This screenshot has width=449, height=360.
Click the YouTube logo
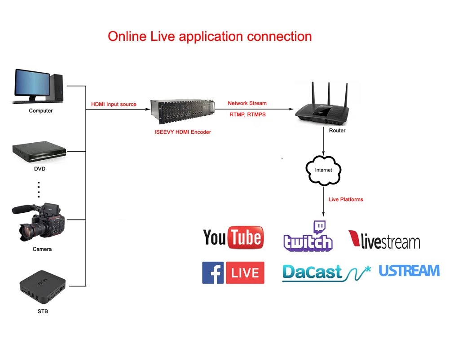coord(233,237)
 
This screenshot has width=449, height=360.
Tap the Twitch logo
coord(308,237)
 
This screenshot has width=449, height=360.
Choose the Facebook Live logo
coord(233,272)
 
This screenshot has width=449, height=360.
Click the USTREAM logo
coord(409,271)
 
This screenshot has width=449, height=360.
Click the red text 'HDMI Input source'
coord(114,104)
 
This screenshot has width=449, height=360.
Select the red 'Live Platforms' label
coord(346,199)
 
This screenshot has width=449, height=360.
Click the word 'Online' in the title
coord(127,36)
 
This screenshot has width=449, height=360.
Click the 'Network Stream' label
coord(247,103)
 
